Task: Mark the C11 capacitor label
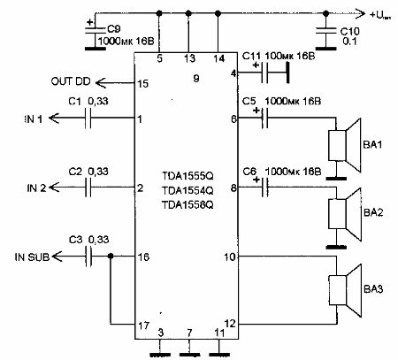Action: click(251, 57)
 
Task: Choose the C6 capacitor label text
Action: click(251, 171)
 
